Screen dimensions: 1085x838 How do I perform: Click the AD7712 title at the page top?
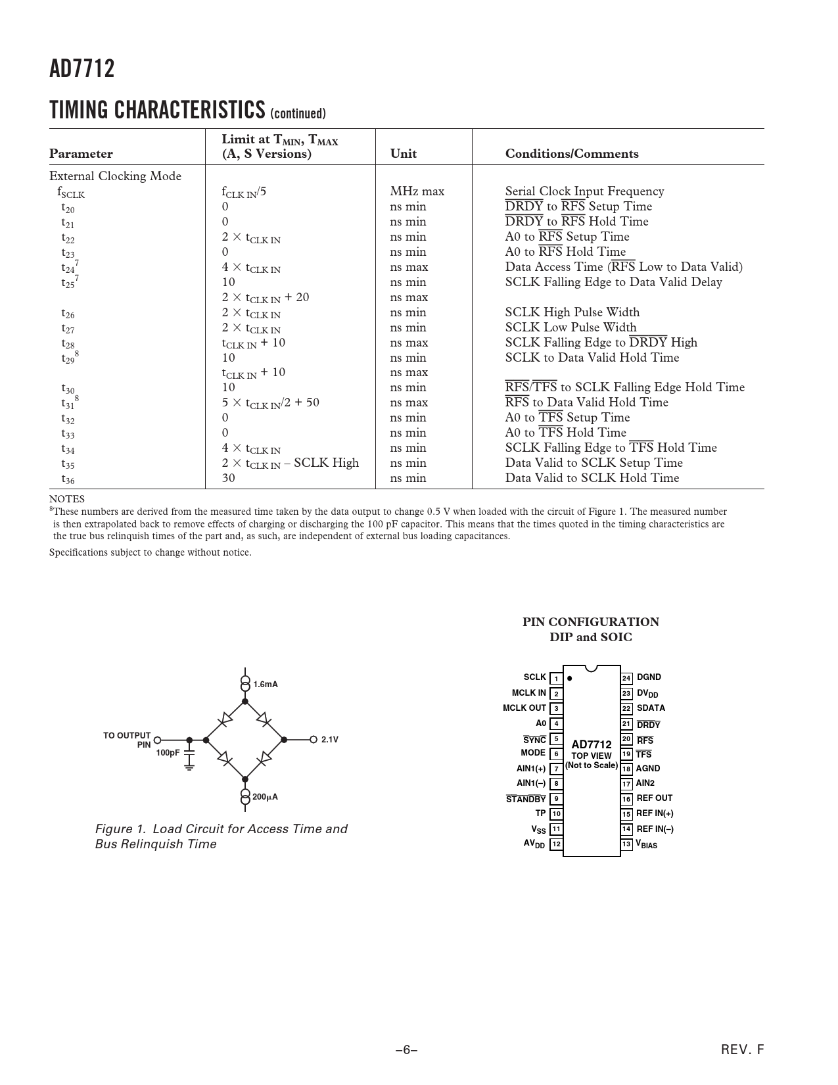81,69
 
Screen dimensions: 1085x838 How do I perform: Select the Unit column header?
403,154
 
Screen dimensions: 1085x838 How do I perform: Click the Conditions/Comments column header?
571,154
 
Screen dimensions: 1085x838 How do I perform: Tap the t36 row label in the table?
68,479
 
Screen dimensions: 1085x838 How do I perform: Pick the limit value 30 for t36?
228,478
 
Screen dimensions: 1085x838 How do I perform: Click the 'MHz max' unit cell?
417,191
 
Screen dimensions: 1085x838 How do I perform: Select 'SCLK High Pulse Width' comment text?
572,312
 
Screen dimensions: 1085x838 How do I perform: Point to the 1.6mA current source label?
266,685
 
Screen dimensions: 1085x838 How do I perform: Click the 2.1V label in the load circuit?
330,740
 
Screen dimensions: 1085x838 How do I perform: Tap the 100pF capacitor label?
168,753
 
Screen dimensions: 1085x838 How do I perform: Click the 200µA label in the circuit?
265,797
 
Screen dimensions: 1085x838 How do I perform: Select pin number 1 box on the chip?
556,679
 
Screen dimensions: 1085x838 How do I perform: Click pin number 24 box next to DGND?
626,678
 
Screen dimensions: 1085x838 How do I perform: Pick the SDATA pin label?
651,708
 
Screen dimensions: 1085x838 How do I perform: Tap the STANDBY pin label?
526,800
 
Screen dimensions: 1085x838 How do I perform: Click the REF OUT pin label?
655,798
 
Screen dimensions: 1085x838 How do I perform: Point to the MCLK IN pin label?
528,693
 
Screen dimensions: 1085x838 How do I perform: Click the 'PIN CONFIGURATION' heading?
590,622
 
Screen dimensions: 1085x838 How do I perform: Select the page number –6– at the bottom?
407,1050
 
